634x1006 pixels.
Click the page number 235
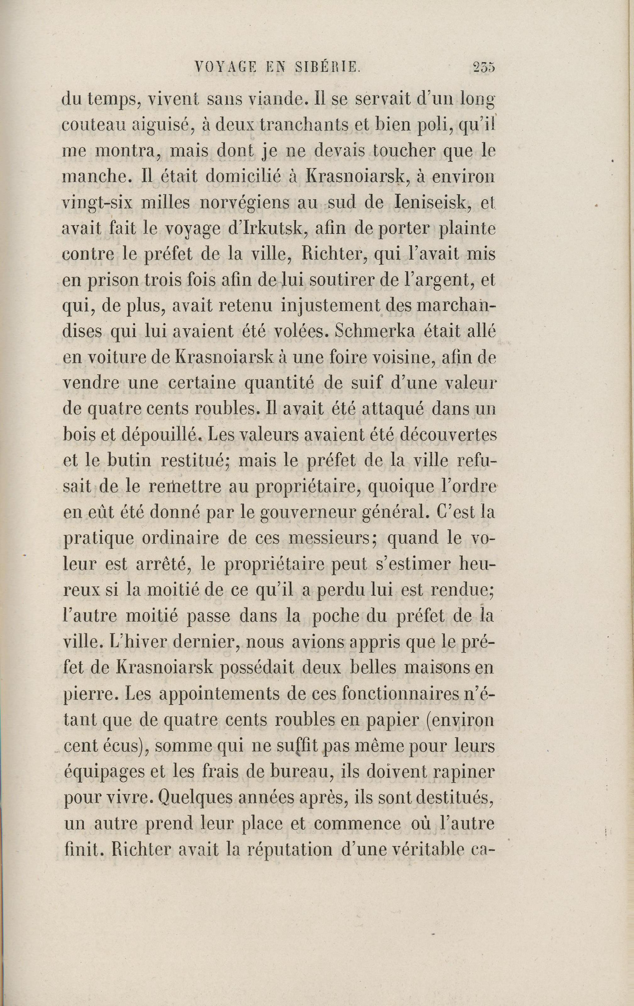[484, 67]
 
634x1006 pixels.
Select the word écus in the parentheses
[122, 746]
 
